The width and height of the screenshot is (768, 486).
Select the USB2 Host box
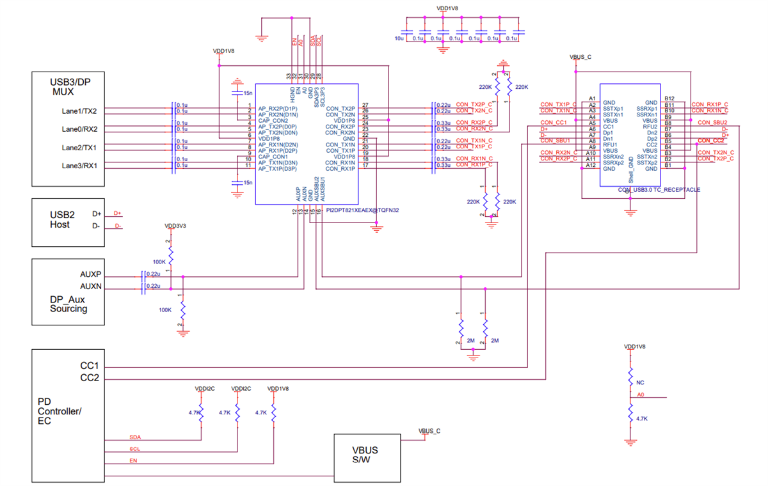click(x=68, y=222)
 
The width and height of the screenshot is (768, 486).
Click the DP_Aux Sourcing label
click(x=68, y=304)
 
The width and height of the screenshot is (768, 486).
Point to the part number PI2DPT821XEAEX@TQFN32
click(x=362, y=210)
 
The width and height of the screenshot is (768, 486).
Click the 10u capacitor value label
click(x=399, y=39)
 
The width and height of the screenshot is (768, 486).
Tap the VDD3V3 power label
click(x=175, y=226)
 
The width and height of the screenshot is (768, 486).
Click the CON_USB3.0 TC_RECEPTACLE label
click(x=659, y=190)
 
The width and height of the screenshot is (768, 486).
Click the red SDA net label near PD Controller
click(x=134, y=437)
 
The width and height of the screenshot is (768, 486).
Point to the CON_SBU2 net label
click(x=712, y=122)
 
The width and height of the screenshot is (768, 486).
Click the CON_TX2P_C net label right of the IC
click(x=474, y=104)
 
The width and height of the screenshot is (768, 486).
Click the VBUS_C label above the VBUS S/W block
click(x=429, y=431)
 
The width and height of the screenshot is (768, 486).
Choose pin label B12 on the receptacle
click(x=669, y=98)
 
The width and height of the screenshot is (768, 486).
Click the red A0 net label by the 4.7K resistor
click(x=641, y=395)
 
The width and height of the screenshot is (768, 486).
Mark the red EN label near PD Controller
click(x=133, y=460)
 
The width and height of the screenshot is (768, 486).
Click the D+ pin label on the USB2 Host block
click(x=97, y=214)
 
